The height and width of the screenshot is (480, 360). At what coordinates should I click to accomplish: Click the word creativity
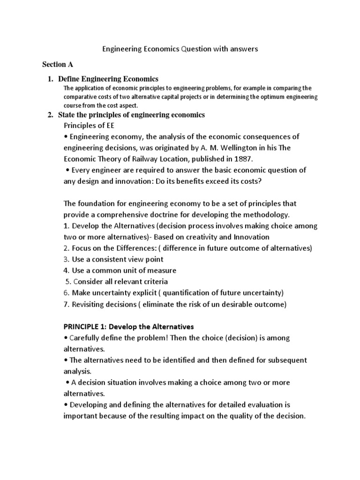point(203,237)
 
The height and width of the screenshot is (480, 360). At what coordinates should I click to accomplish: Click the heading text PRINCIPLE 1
point(85,326)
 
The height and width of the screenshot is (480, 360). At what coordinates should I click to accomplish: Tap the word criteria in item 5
point(152,282)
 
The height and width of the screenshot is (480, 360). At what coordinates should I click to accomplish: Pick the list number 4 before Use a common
point(66,270)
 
